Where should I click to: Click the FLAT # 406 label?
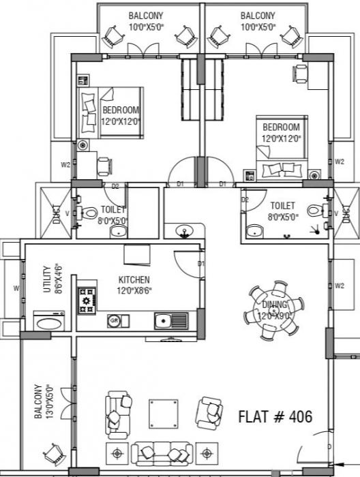tap(274, 416)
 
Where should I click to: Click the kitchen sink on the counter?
tap(166, 320)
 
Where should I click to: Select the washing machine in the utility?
tap(48, 322)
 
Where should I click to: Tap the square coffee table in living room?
tap(164, 413)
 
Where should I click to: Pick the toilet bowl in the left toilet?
tap(87, 213)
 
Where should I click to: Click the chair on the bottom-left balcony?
tap(52, 452)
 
